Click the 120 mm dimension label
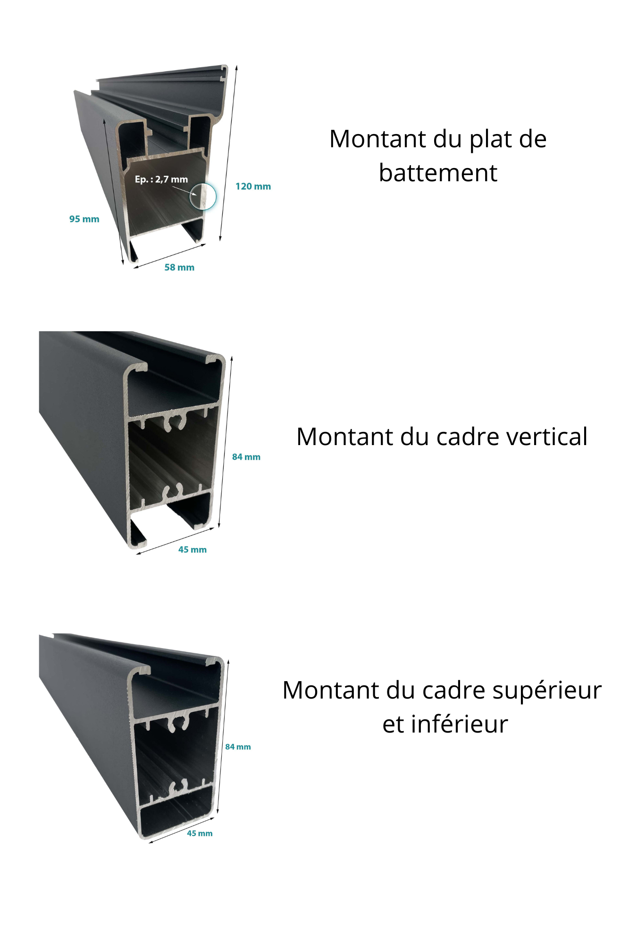[253, 186]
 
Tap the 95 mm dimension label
[84, 219]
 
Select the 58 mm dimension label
[179, 268]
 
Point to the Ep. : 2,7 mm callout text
[161, 179]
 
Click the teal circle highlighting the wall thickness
[203, 196]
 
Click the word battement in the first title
[438, 173]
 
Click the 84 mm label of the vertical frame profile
[246, 457]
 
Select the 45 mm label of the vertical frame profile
[192, 549]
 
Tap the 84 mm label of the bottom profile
[238, 747]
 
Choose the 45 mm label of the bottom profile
[200, 833]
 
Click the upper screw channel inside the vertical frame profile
[174, 422]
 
